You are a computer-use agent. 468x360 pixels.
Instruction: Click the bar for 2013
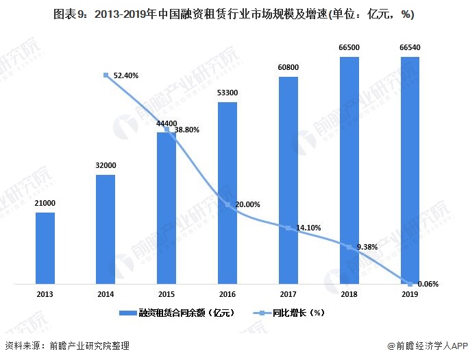(x=45, y=248)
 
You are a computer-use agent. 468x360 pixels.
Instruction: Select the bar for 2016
(x=227, y=193)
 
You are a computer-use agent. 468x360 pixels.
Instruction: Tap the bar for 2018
(x=349, y=170)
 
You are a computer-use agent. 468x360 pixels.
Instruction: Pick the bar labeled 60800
(x=288, y=180)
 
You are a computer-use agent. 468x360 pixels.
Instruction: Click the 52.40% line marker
(x=106, y=75)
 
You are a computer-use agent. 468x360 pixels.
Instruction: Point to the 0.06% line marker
(x=410, y=283)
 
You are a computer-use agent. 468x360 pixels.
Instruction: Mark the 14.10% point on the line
(x=288, y=228)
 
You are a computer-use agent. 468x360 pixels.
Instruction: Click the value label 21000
(x=45, y=204)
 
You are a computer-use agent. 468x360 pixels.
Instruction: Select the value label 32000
(x=106, y=166)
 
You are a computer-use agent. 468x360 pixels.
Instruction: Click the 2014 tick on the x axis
(x=106, y=294)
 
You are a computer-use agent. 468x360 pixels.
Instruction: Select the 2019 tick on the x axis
(x=410, y=294)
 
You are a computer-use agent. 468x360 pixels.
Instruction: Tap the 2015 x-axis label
(x=167, y=294)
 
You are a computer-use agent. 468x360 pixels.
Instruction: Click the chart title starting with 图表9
(x=233, y=14)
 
